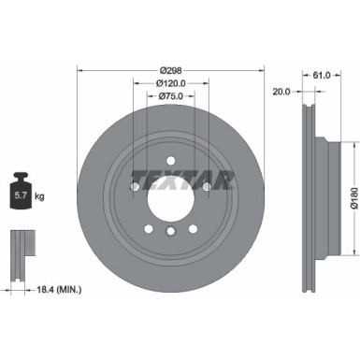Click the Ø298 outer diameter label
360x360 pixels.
coord(170,70)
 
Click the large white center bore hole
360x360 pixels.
coord(170,187)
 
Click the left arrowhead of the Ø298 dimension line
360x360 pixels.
coord(79,70)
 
